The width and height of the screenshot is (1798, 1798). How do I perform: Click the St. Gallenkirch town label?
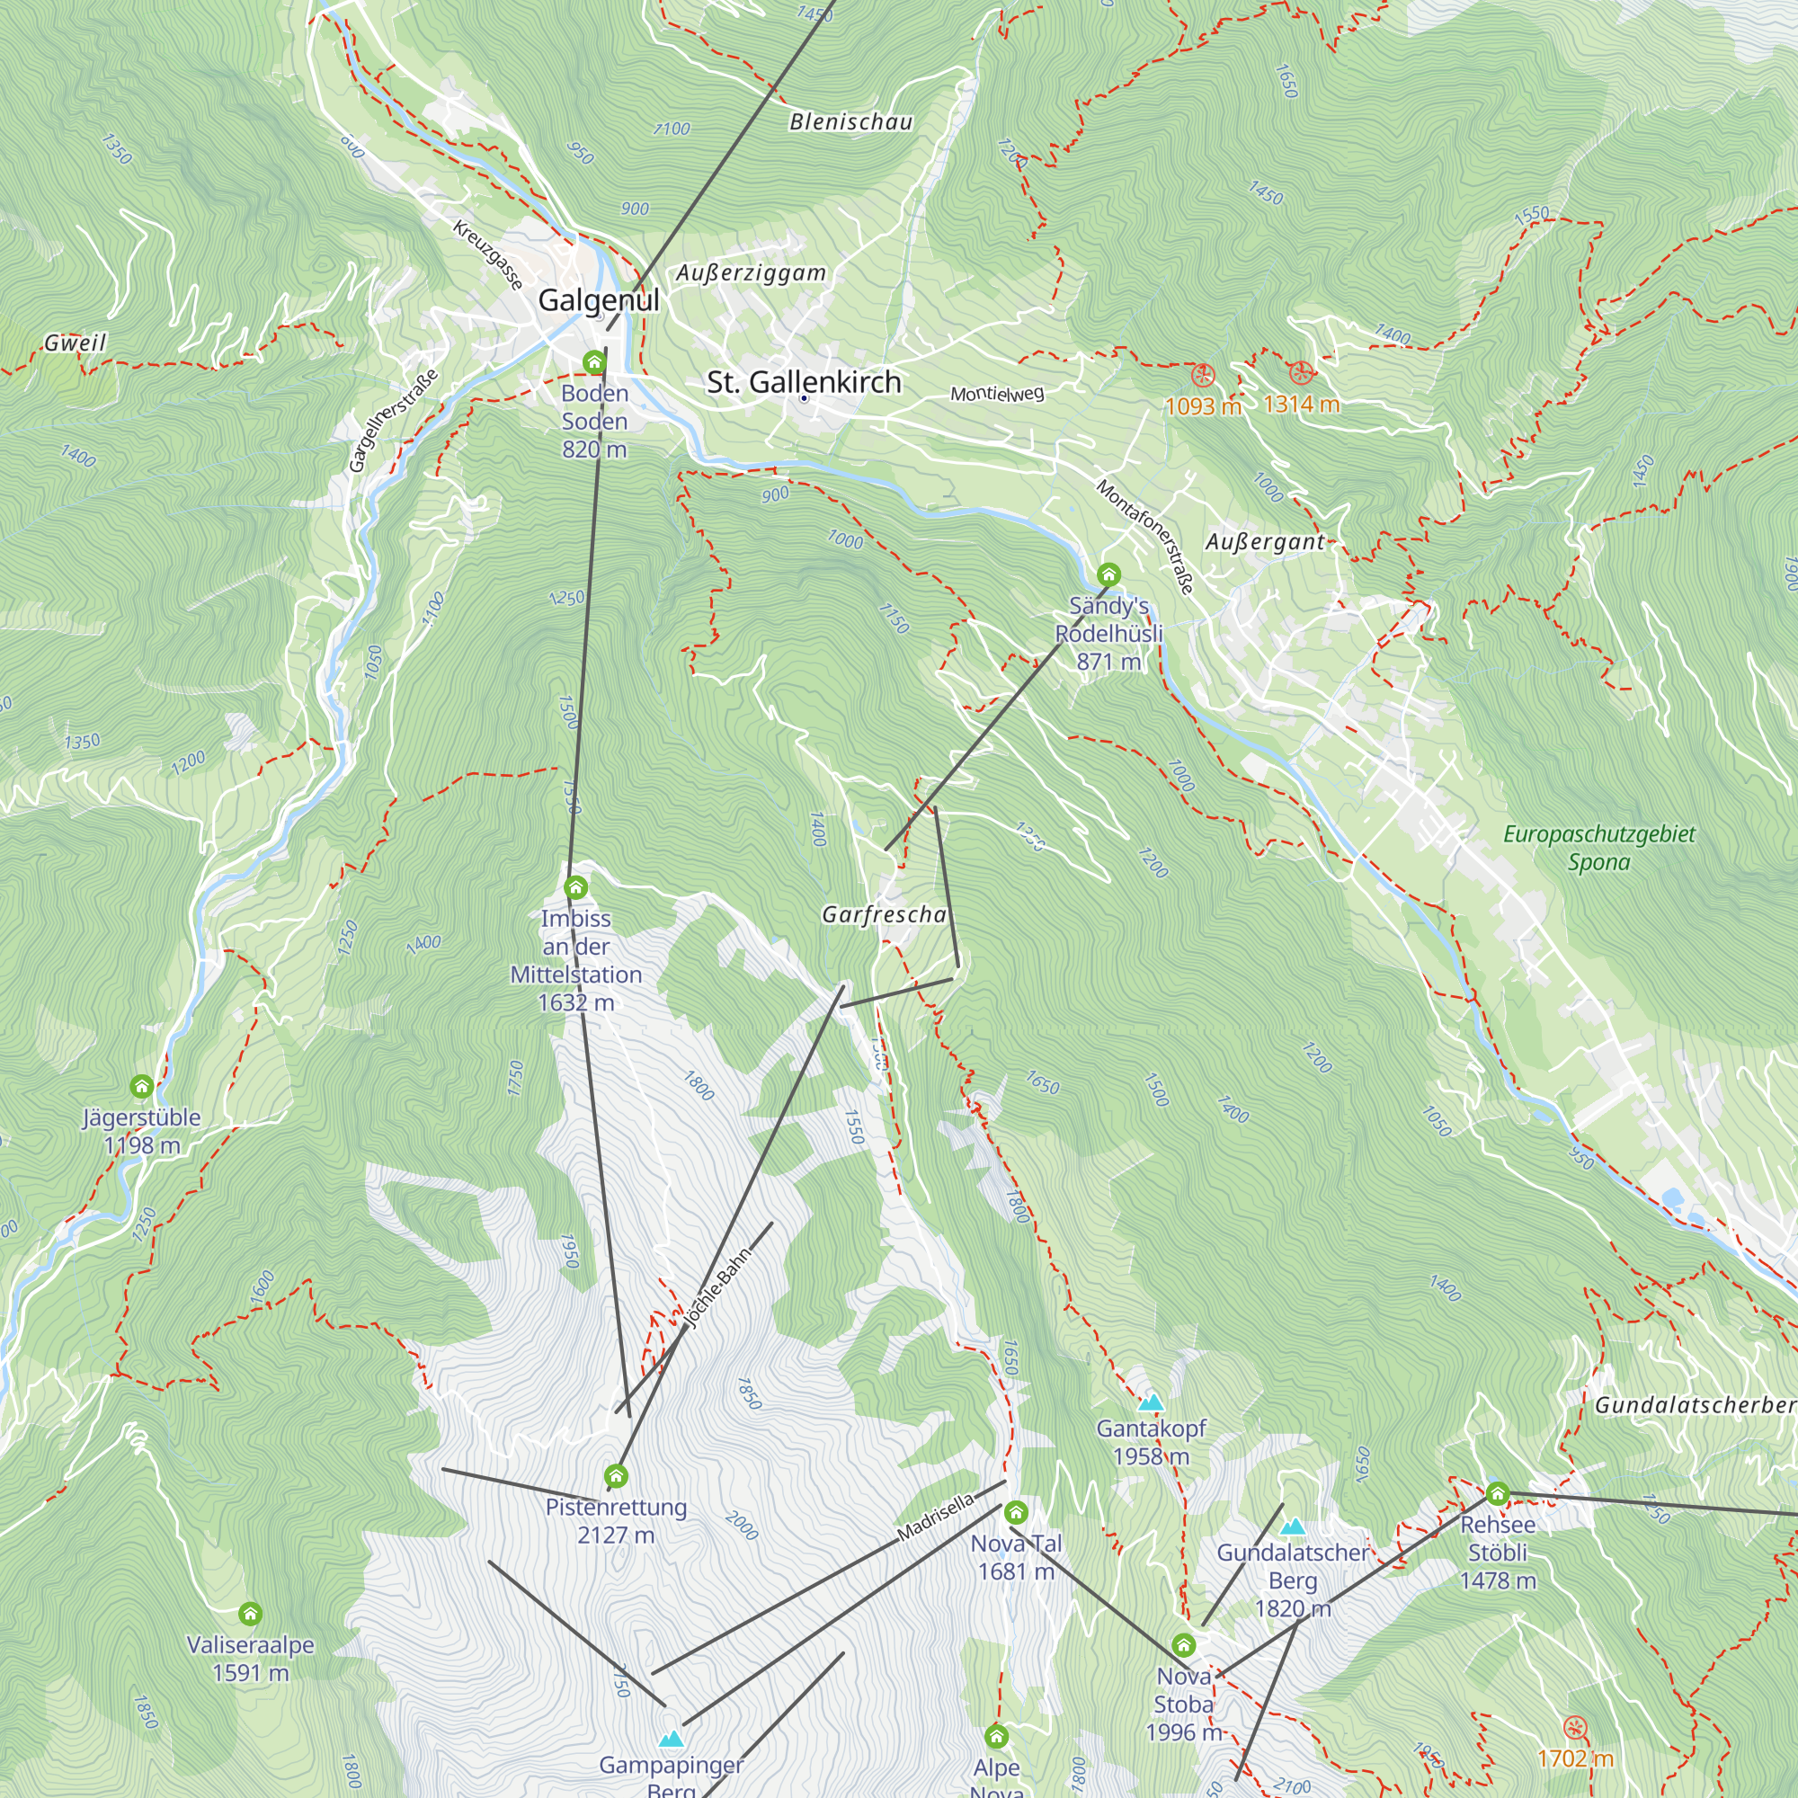point(804,381)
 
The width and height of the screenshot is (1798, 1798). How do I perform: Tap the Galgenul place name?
point(599,300)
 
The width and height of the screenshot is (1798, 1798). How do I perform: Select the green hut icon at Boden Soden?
point(593,362)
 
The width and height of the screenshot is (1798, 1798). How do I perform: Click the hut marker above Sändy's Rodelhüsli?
point(1108,574)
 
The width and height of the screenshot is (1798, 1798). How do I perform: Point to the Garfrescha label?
point(883,915)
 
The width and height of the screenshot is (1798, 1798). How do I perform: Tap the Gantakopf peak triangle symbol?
point(1152,1402)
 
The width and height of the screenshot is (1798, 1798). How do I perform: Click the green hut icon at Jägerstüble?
point(141,1086)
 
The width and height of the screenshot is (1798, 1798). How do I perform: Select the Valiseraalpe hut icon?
point(250,1614)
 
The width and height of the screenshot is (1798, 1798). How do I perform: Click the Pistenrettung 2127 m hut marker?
point(616,1476)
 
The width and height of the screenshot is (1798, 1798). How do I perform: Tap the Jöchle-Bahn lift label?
point(717,1289)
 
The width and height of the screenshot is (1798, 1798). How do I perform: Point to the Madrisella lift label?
point(935,1517)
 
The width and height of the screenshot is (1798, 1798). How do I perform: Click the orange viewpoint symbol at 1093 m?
point(1204,376)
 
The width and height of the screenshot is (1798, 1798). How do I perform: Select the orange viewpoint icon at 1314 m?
point(1302,373)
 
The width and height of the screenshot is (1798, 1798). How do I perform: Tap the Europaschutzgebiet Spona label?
point(1598,848)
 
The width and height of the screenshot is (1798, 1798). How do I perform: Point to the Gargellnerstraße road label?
point(393,421)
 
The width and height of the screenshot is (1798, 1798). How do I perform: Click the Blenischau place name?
point(850,122)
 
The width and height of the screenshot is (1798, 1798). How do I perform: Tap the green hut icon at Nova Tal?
point(1016,1512)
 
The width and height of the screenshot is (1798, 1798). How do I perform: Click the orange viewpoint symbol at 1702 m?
point(1575,1728)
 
